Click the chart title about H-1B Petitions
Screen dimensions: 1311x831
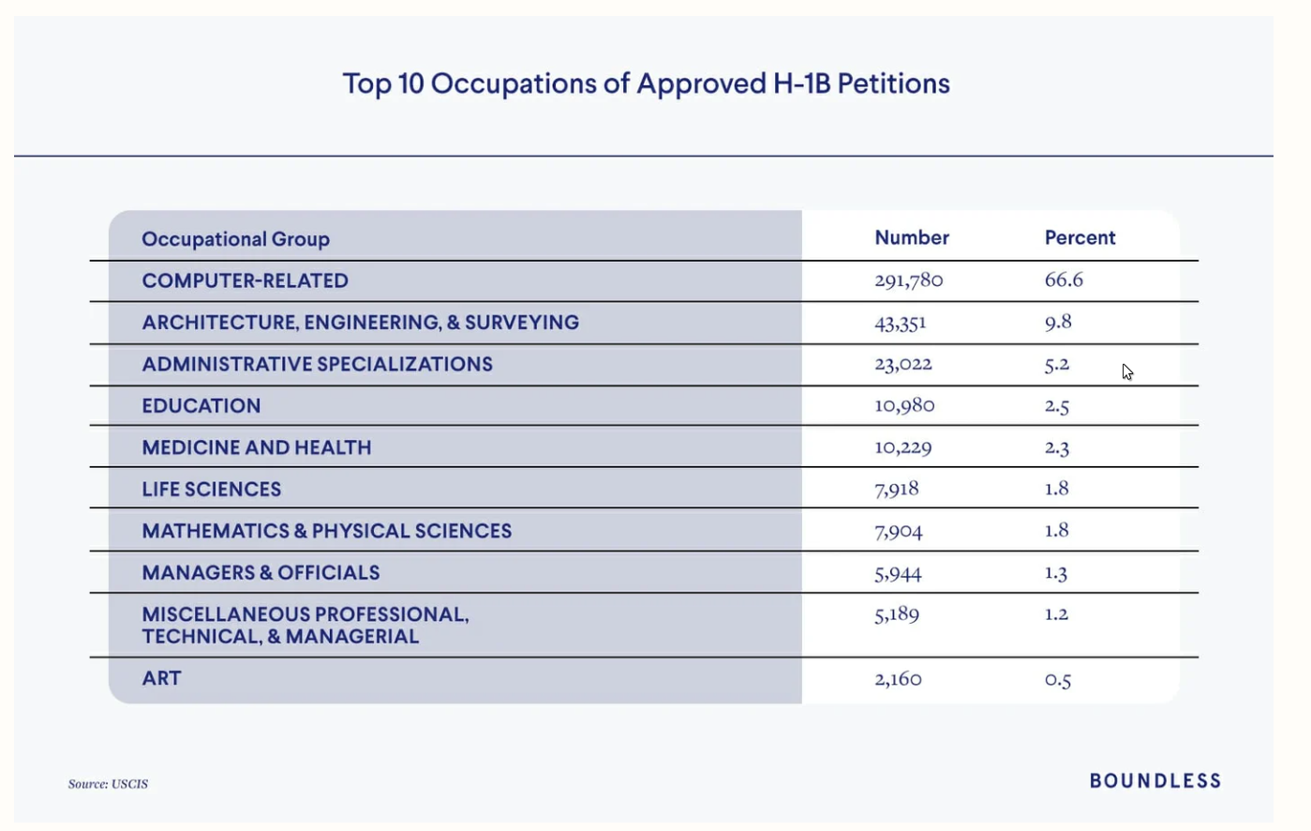click(647, 84)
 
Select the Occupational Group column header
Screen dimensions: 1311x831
click(236, 239)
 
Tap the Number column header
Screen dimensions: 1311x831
click(912, 237)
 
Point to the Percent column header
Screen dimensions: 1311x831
click(1080, 237)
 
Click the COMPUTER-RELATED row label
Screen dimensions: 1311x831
click(246, 281)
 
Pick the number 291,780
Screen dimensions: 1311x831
click(909, 280)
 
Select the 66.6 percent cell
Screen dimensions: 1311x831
click(1064, 280)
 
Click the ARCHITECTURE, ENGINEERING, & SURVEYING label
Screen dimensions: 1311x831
click(361, 323)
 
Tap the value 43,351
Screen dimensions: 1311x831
click(901, 323)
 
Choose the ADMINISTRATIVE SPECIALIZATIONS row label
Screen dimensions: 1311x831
click(318, 364)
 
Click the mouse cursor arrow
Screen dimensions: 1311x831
click(1127, 372)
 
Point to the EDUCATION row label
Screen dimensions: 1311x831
click(201, 406)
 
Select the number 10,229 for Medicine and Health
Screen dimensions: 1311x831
click(903, 447)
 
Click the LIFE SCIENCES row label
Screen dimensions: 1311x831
click(211, 489)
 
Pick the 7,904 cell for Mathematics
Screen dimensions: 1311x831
click(899, 531)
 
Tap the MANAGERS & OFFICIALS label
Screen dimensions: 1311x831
click(261, 573)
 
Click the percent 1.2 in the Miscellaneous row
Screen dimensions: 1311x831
click(1056, 613)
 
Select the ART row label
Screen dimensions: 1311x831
click(161, 678)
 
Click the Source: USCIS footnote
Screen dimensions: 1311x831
click(109, 783)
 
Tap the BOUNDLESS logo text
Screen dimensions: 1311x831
click(1155, 780)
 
